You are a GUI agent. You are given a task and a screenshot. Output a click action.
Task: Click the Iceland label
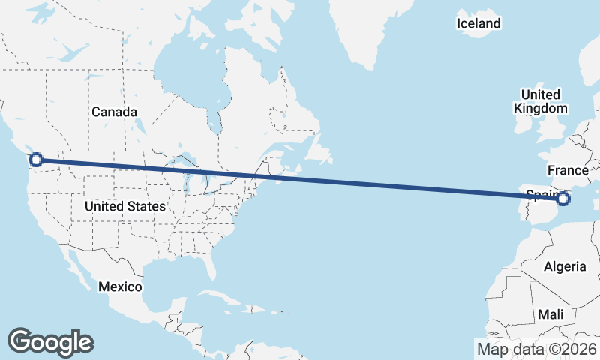478,23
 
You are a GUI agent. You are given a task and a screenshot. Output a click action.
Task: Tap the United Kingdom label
540,101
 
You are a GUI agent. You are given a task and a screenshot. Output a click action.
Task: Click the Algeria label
564,267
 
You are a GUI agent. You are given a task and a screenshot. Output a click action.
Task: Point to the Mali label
550,314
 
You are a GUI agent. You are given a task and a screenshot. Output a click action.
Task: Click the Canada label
114,112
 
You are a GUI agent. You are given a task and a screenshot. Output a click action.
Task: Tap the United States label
125,205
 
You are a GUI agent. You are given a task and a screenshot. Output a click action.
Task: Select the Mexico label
121,287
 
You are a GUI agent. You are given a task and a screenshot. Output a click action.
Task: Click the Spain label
540,196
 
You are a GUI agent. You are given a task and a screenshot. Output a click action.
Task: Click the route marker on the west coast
35,159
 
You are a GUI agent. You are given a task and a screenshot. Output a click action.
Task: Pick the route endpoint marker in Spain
563,199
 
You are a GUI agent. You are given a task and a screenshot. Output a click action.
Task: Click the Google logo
50,341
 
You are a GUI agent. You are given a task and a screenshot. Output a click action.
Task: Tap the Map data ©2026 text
536,349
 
